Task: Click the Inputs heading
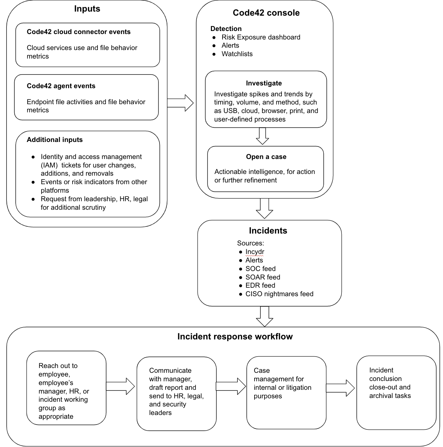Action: coord(87,9)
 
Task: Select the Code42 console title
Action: coord(266,13)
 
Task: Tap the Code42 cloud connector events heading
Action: coord(78,32)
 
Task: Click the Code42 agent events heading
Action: coord(61,86)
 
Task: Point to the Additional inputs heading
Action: coord(55,140)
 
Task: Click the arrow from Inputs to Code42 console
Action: coord(180,103)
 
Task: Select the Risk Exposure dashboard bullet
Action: coord(261,37)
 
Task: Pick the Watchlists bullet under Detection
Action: coord(237,54)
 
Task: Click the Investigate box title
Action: coord(264,83)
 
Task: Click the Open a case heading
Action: coord(266,157)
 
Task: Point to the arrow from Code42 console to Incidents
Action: coord(264,208)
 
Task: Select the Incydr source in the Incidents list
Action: coord(255,252)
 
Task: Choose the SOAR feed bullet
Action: coord(263,277)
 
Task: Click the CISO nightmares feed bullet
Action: coord(279,294)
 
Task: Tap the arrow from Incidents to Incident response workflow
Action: coord(264,317)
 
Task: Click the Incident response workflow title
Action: coord(235,337)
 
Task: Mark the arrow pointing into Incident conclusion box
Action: coord(340,388)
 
